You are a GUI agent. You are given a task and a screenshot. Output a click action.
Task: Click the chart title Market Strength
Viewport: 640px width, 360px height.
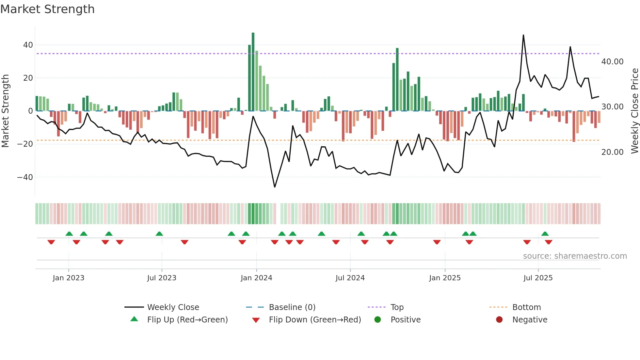[48, 9]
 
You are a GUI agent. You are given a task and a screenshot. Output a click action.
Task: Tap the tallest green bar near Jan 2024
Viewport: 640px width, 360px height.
[253, 72]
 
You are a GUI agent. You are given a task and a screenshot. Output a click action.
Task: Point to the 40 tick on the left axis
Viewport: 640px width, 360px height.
[28, 45]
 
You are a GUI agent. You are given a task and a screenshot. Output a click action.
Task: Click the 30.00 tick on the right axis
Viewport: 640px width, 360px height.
[612, 107]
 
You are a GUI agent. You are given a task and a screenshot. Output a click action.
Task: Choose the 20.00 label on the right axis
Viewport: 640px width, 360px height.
[612, 152]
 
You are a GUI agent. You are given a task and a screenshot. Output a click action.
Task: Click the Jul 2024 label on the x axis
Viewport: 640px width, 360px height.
[350, 278]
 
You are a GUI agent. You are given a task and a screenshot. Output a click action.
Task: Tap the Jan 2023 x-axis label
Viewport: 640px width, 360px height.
[69, 278]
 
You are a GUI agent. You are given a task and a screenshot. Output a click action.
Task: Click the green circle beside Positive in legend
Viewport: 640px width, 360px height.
[377, 319]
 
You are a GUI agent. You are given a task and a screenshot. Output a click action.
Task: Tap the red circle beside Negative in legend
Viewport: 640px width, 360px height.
[499, 319]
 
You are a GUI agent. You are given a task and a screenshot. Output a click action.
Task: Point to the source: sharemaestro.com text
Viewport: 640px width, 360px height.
[575, 256]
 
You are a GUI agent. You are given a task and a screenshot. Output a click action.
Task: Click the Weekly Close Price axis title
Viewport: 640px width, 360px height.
[634, 111]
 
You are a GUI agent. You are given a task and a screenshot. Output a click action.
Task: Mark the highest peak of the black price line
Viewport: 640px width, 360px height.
[523, 35]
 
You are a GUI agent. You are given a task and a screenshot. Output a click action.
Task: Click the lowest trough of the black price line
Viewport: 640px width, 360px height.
[275, 187]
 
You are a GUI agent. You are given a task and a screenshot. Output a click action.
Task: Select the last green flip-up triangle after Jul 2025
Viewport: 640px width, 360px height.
[545, 234]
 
